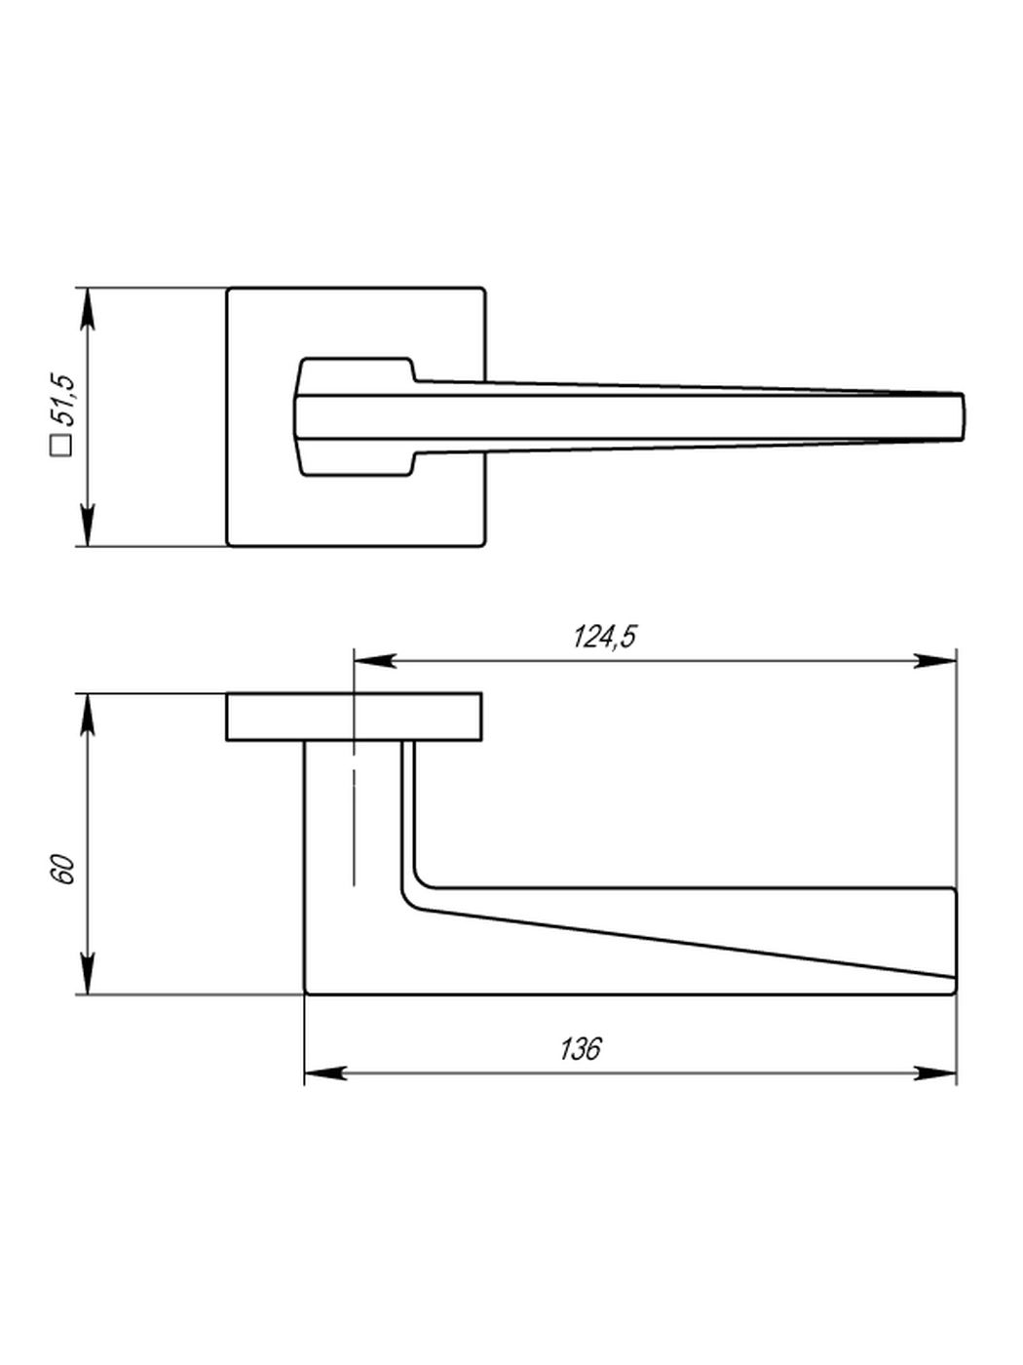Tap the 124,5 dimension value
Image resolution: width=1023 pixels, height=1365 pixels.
tap(604, 637)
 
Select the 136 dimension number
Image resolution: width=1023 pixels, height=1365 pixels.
tap(581, 1049)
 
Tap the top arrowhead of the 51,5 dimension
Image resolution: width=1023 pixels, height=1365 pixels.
tap(89, 308)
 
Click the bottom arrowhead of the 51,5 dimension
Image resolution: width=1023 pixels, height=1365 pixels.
tap(89, 526)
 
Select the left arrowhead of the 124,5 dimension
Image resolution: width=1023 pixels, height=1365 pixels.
tap(375, 660)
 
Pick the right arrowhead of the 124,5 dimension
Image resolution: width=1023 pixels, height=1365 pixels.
tap(934, 660)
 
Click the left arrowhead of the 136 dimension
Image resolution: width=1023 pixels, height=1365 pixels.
tap(325, 1072)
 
